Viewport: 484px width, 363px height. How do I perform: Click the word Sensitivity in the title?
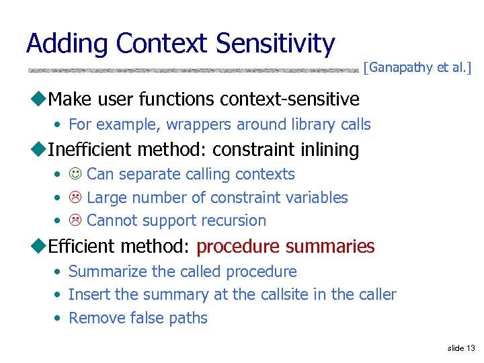click(276, 44)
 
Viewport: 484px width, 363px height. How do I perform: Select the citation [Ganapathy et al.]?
click(417, 68)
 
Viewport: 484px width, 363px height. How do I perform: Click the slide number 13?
click(470, 348)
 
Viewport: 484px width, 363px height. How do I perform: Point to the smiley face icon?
click(75, 175)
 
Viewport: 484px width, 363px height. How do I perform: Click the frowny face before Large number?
click(75, 198)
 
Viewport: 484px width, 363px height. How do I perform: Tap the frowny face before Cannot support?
click(75, 220)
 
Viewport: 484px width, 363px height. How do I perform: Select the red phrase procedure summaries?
click(285, 247)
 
